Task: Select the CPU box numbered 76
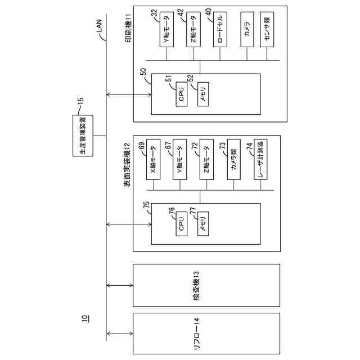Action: (x=181, y=226)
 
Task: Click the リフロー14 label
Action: (x=196, y=335)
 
